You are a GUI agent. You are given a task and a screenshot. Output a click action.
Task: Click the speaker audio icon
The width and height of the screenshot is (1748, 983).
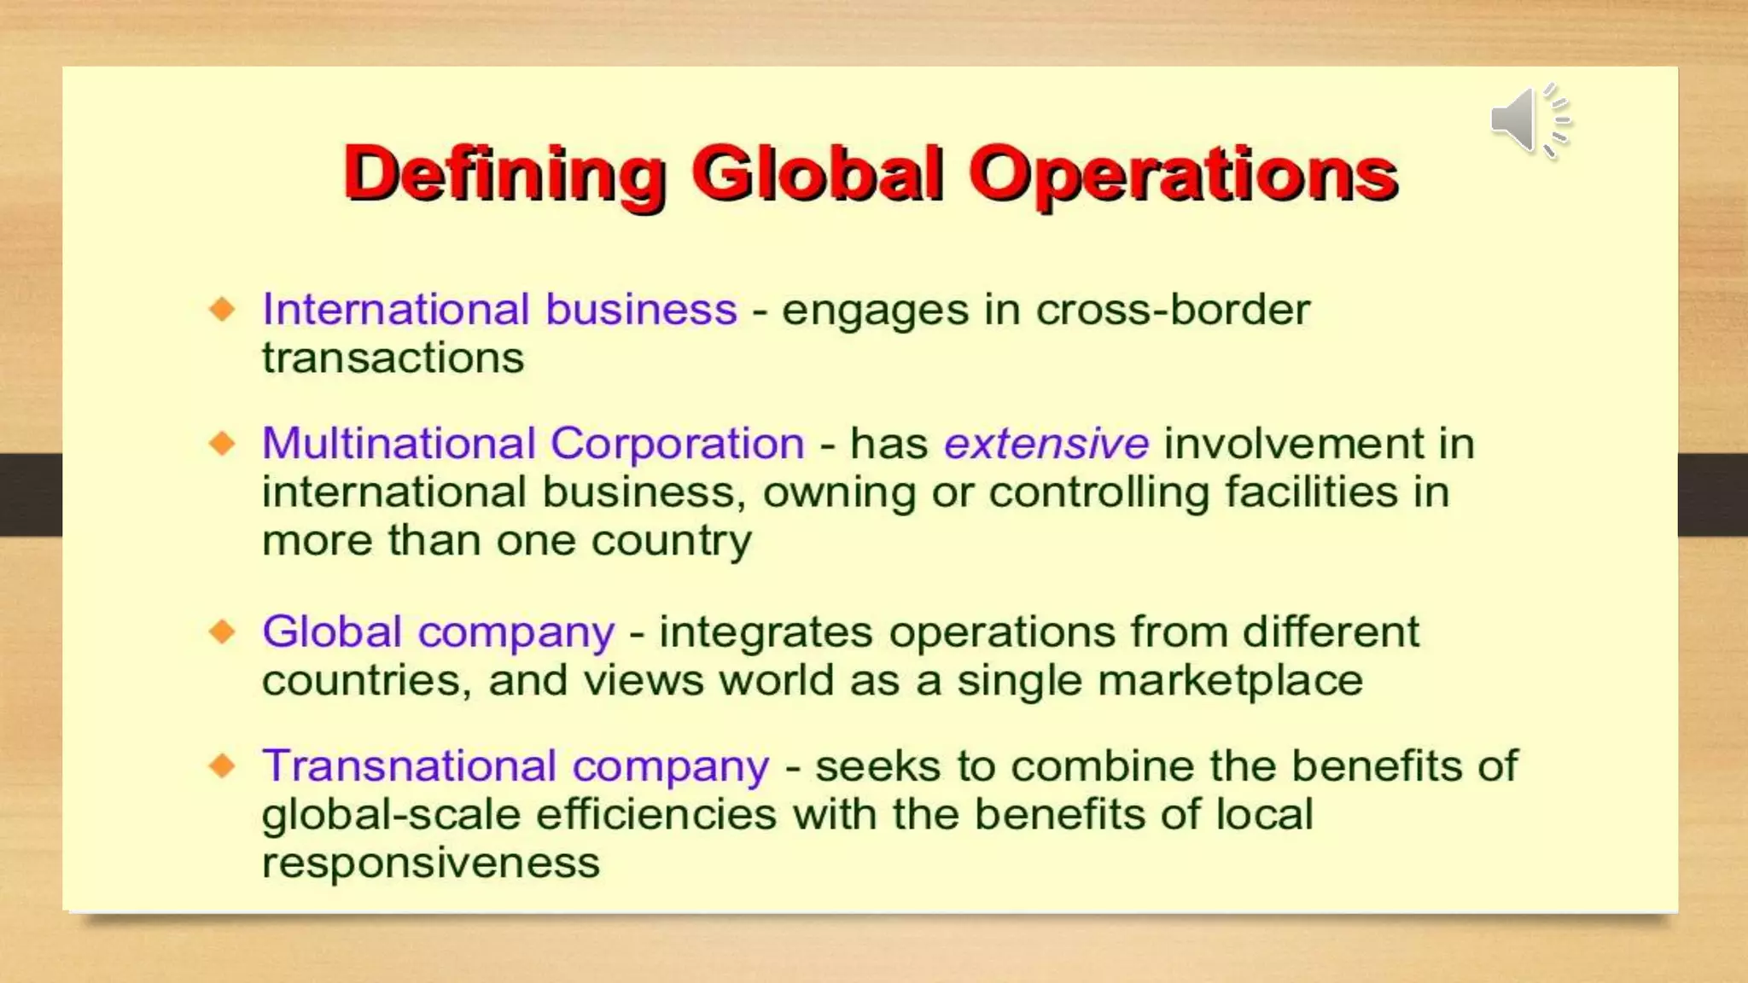(1529, 121)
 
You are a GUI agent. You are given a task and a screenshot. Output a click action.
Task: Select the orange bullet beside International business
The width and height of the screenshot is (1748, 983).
(223, 308)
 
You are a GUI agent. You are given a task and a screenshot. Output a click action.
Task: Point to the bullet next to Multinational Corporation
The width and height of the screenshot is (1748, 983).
(223, 443)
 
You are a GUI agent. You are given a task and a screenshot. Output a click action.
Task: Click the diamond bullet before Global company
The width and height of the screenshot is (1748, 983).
(223, 631)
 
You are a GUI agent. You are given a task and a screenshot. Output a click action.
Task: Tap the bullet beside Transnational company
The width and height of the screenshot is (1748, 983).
(223, 765)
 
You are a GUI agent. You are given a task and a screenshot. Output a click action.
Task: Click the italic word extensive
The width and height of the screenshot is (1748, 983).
(1046, 444)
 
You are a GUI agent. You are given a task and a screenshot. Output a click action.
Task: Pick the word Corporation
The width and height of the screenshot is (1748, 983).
(678, 444)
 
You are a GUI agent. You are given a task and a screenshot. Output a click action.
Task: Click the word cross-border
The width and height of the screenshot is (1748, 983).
(1173, 309)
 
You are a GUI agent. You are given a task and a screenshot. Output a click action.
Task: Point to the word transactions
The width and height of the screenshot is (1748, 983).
(393, 358)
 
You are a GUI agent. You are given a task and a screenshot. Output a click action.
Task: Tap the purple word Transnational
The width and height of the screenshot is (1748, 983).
(409, 765)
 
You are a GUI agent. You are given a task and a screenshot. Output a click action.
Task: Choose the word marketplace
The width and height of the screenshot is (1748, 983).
(1230, 681)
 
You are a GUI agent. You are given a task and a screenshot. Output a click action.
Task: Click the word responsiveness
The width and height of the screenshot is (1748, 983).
(430, 863)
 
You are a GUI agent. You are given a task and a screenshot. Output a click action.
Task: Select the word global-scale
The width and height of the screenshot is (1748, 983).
(391, 814)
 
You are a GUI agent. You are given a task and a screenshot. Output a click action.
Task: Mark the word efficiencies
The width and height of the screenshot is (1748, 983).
(656, 814)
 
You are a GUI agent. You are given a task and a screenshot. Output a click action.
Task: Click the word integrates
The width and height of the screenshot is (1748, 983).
(766, 632)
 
